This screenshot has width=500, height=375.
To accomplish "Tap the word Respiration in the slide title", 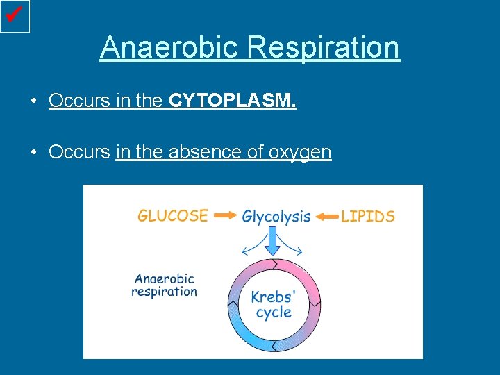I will coord(323,48).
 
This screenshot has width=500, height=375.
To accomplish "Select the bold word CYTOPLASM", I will coord(232,101).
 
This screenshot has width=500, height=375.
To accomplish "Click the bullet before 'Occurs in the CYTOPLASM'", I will coord(33,102).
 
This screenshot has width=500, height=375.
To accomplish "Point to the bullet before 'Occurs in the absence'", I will coord(33,153).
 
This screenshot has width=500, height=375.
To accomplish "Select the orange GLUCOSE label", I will coord(173,215).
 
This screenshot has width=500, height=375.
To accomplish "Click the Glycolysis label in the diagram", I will coord(276,217).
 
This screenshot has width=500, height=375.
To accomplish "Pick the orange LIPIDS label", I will coord(367,216).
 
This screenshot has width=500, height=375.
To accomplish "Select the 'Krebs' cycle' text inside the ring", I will coord(274,305).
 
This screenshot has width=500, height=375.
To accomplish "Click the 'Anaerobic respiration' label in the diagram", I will coord(164,285).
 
